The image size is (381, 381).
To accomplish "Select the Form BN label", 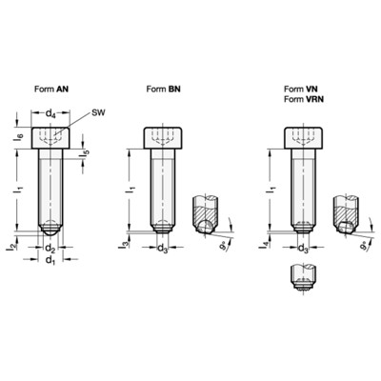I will click(165, 89).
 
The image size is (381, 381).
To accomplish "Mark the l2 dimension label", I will click(11, 246).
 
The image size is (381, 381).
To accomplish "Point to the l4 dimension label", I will click(264, 246).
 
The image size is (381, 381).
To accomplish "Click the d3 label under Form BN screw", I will click(163, 250).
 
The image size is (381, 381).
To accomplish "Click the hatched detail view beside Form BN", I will click(204, 214).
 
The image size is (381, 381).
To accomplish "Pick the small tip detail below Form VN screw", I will click(301, 277).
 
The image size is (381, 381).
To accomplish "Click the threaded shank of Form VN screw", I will click(301, 190).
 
